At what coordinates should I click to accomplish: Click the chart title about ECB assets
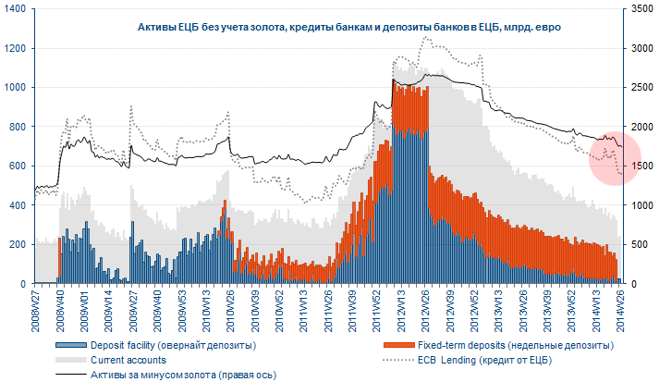click(336, 29)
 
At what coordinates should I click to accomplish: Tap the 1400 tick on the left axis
click(18, 9)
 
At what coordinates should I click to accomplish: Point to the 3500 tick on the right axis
click(639, 9)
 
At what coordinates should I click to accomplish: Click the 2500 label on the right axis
click(639, 88)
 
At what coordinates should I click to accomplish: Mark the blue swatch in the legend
click(62, 344)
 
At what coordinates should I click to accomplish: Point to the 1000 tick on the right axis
click(639, 205)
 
